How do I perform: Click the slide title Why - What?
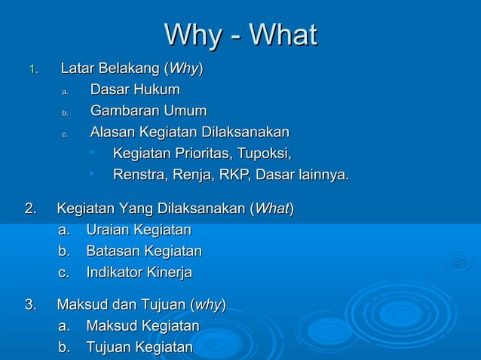(240, 35)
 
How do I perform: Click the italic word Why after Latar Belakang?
(183, 70)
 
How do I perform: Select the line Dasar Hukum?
(135, 90)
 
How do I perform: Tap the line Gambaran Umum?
(149, 111)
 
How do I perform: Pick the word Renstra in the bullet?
(139, 175)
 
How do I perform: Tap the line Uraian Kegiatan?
(138, 230)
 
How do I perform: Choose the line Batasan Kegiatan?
(143, 251)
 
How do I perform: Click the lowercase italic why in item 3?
(207, 305)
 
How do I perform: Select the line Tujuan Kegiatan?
(139, 347)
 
